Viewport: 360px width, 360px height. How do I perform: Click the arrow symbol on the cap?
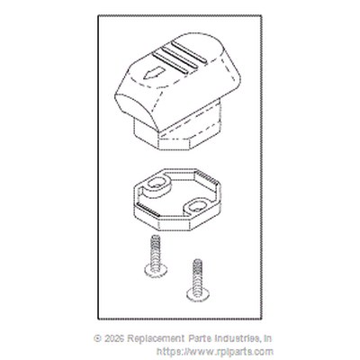[x=154, y=73]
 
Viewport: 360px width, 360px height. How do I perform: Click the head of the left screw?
[x=156, y=270]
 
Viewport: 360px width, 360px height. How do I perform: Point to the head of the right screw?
[x=197, y=294]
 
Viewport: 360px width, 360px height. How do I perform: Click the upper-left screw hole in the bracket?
[x=157, y=184]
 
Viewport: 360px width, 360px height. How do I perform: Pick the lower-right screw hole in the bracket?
[x=197, y=206]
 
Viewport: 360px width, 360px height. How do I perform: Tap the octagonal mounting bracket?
[x=176, y=200]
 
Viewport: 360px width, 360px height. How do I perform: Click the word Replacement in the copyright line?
[x=156, y=338]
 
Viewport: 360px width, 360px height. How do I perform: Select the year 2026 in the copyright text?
[x=114, y=338]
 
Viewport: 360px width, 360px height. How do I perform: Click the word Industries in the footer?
[x=237, y=338]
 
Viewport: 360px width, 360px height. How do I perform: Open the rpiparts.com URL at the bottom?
[x=215, y=352]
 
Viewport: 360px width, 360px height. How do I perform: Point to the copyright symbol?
[x=97, y=338]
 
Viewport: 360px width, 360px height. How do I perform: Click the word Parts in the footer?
[x=200, y=338]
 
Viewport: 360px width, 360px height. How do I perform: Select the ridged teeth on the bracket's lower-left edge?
[x=148, y=210]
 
